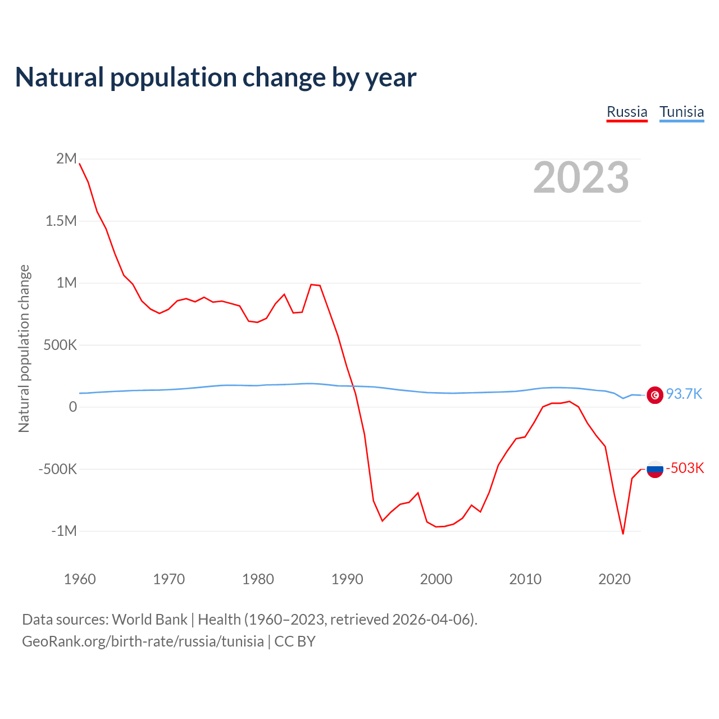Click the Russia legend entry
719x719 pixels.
coord(627,112)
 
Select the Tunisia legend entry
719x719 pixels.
coord(681,112)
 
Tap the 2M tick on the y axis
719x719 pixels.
coord(66,159)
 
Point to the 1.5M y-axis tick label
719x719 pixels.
coord(61,221)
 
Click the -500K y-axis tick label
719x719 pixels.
coord(57,469)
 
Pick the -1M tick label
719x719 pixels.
coord(63,531)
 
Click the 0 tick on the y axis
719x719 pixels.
coord(72,407)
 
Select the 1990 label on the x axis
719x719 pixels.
coord(347,579)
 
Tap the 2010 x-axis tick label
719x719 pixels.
coord(525,579)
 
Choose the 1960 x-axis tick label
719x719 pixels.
coord(80,579)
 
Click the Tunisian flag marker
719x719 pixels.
coord(655,395)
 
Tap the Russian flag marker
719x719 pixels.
coord(655,468)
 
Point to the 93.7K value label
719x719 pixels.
coord(684,394)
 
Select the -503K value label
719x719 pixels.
coord(685,468)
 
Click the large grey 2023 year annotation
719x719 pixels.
coord(581,178)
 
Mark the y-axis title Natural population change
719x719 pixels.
coord(24,348)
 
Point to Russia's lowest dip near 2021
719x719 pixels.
coord(623,533)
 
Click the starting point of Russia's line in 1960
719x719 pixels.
coord(80,163)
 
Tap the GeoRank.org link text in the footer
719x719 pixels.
coord(143,641)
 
